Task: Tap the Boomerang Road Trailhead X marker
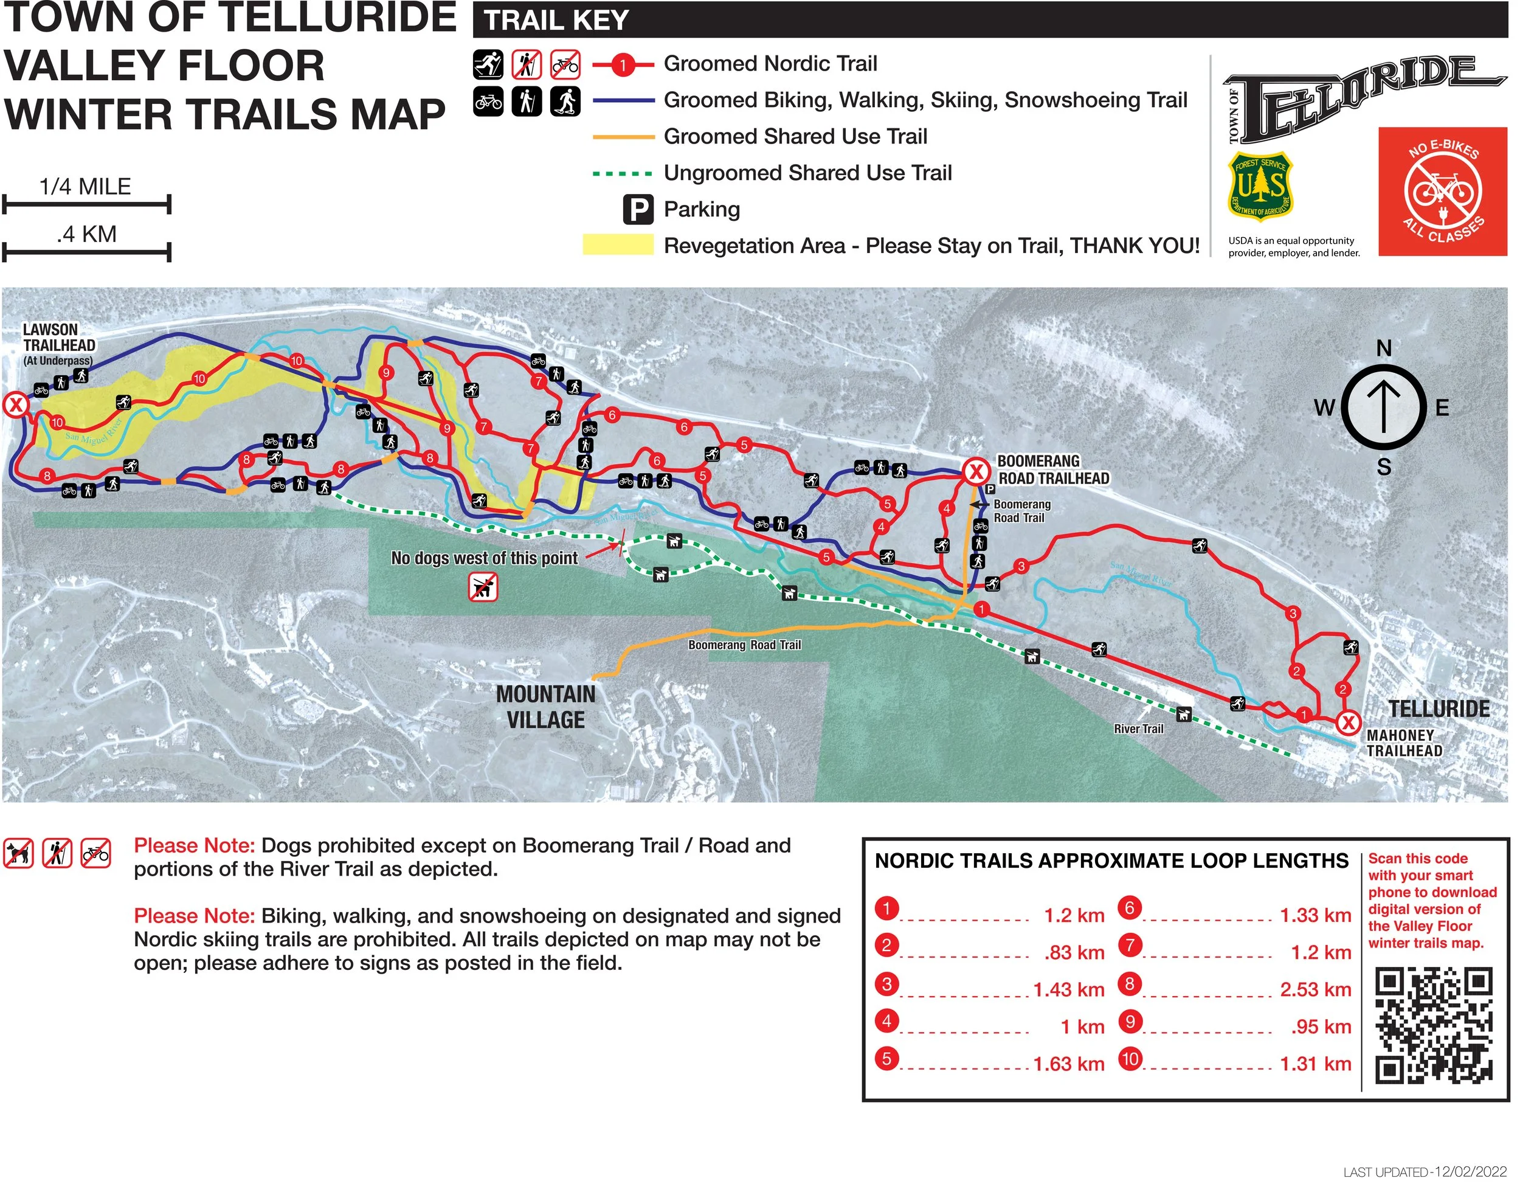pyautogui.click(x=976, y=472)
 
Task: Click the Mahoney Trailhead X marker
pyautogui.click(x=1348, y=722)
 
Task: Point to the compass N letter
pyautogui.click(x=1384, y=348)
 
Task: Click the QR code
pyautogui.click(x=1434, y=1025)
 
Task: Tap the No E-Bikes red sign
pyautogui.click(x=1442, y=192)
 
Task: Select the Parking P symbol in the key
pyautogui.click(x=638, y=210)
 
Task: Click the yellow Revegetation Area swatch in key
pyautogui.click(x=618, y=245)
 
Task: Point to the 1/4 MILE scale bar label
pyautogui.click(x=86, y=187)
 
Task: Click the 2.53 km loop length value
pyautogui.click(x=1314, y=989)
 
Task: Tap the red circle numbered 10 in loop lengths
pyautogui.click(x=1130, y=1059)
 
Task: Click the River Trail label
pyautogui.click(x=1138, y=729)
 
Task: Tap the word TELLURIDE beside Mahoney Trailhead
pyautogui.click(x=1439, y=708)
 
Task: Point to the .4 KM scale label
pyautogui.click(x=86, y=235)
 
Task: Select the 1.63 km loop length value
pyautogui.click(x=1068, y=1064)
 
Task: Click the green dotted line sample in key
pyautogui.click(x=622, y=173)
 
